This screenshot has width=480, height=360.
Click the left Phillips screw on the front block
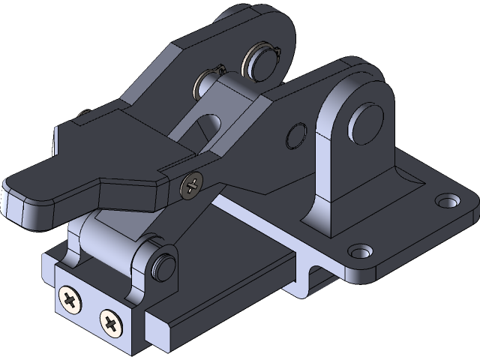coord(72,301)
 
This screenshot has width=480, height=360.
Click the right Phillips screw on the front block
coord(111,324)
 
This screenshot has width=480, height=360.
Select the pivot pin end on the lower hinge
coord(163,267)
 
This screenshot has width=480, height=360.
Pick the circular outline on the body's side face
coord(296,136)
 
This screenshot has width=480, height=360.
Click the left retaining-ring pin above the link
coord(205,82)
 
